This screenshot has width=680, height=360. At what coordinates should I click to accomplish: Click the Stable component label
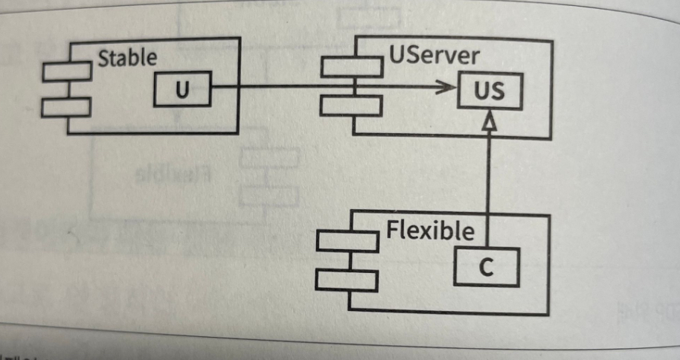click(127, 57)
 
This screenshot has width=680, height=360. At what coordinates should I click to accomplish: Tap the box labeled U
click(182, 91)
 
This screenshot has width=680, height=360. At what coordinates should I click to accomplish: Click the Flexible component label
click(429, 231)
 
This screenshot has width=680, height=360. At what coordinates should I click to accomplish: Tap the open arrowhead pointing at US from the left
click(446, 89)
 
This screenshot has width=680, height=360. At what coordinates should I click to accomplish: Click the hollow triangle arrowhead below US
click(487, 124)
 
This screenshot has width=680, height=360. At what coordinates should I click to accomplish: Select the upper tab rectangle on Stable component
click(66, 72)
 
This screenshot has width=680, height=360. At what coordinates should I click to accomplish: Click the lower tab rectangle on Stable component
click(66, 106)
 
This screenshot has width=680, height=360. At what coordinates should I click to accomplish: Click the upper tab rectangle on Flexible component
click(347, 242)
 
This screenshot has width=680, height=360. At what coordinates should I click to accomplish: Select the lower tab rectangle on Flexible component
click(347, 280)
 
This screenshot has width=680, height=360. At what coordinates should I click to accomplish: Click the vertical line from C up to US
click(488, 186)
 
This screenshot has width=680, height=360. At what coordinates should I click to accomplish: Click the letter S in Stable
click(104, 57)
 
